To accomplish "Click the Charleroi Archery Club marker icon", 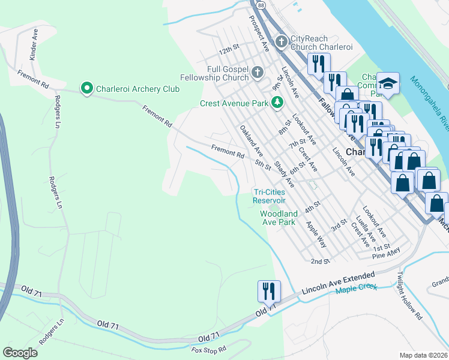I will point(87,89).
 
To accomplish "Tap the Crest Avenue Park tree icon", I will point(277,103).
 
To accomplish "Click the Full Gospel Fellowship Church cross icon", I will point(258,73).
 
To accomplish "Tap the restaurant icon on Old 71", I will point(269,291).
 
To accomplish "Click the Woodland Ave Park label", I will point(278,218).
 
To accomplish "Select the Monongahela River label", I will point(430,102).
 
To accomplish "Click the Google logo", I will point(20,353).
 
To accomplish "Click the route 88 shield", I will point(259,4).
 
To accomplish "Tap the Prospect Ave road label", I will point(259,33).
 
